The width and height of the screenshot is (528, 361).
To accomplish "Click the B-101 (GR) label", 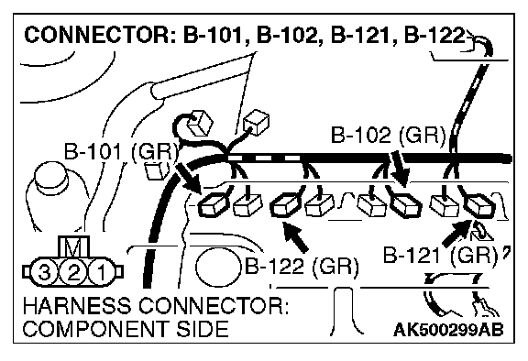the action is click(x=121, y=151).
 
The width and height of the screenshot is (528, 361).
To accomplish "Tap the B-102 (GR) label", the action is click(x=389, y=136).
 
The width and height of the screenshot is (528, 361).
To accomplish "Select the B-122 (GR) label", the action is click(x=302, y=267).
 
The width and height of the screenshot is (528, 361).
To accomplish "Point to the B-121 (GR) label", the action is click(x=440, y=255).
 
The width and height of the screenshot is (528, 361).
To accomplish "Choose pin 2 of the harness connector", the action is click(x=73, y=272).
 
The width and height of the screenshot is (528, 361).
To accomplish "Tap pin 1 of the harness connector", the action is click(x=102, y=272).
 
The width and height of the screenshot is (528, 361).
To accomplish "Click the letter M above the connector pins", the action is click(x=73, y=246).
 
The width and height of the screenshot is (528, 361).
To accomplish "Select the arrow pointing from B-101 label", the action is click(x=189, y=179).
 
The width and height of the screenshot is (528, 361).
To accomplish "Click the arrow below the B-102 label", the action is click(x=400, y=169).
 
